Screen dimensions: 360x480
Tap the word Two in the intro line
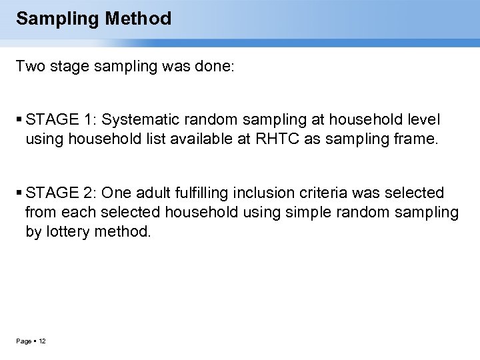click(x=29, y=67)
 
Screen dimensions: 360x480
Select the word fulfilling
click(x=212, y=193)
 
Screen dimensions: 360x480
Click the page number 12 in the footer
click(x=42, y=341)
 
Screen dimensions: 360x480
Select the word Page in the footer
click(x=24, y=341)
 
